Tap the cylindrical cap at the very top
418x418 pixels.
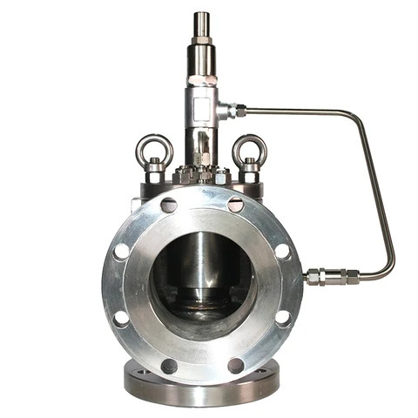[x=201, y=23]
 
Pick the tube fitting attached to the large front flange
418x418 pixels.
[x=327, y=277]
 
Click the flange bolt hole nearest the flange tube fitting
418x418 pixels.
[x=283, y=251]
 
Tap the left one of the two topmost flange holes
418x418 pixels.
[x=168, y=206]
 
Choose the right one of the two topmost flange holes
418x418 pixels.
[x=235, y=205]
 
